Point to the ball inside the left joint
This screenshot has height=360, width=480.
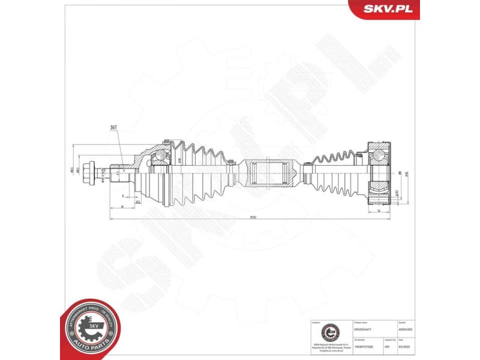160,158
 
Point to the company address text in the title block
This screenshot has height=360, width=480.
329,346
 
